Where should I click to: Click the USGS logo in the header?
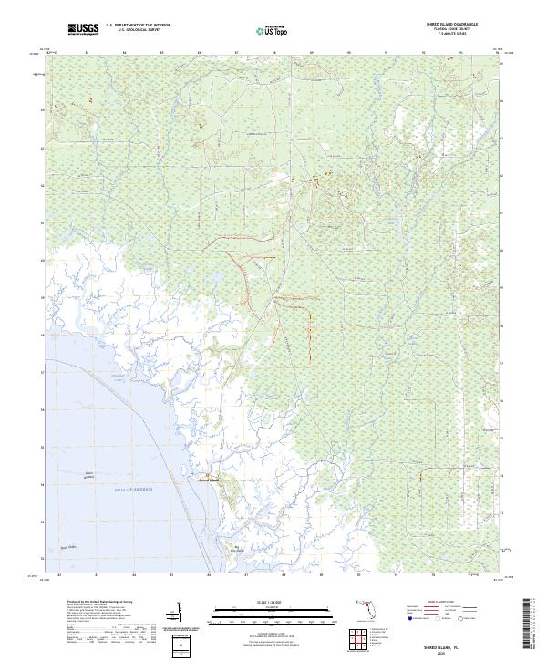click(83, 29)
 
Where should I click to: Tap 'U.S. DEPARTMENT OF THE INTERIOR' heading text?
click(138, 26)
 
